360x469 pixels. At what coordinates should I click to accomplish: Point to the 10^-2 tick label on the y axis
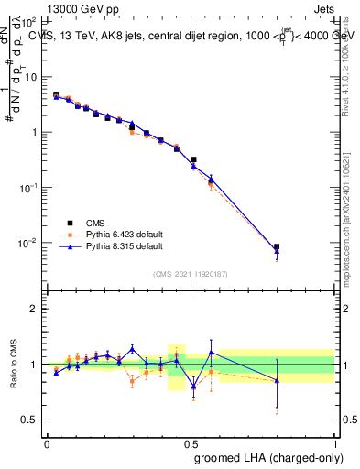tap(27, 243)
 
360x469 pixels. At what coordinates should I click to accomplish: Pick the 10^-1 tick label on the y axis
tap(27, 187)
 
